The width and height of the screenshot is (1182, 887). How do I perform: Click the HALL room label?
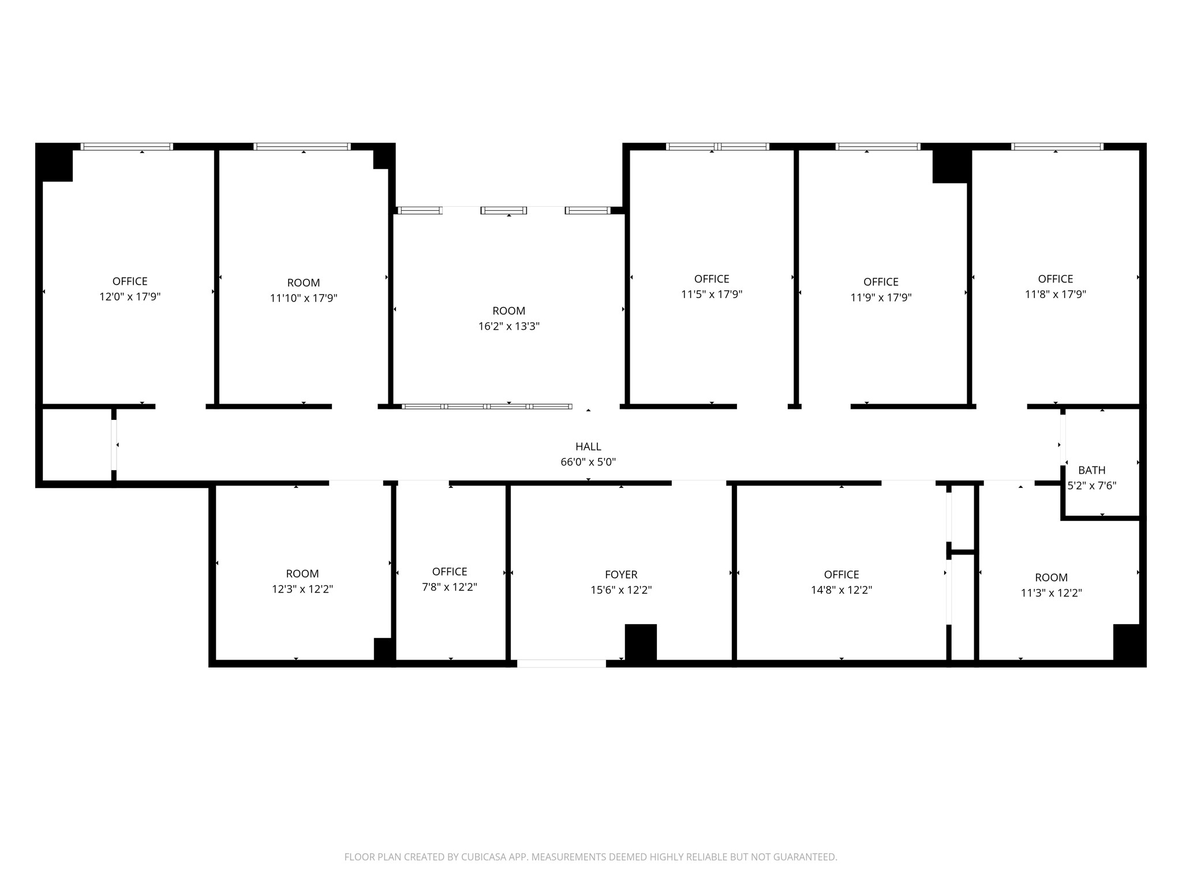click(588, 446)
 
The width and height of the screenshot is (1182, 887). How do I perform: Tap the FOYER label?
click(621, 575)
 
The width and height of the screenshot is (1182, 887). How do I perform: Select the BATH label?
click(1091, 470)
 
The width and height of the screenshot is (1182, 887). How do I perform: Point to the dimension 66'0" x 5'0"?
click(588, 462)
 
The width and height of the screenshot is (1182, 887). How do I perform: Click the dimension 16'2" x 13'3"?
click(509, 326)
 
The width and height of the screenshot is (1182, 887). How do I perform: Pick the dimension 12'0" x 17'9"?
click(130, 297)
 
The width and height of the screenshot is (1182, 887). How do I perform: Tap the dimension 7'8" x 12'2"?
click(450, 587)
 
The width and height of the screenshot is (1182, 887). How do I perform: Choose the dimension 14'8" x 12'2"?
click(841, 590)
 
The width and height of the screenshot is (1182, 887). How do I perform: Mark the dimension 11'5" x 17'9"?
click(712, 295)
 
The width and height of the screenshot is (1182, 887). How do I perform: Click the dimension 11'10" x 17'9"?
click(304, 299)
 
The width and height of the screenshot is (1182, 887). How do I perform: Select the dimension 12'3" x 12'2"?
click(302, 590)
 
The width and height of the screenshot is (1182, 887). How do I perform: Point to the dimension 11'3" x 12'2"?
click(1051, 593)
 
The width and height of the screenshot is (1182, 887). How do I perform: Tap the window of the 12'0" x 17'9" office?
click(126, 147)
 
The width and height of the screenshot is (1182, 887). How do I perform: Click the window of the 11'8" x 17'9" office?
click(1057, 147)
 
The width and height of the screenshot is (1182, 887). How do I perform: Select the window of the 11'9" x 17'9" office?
click(878, 147)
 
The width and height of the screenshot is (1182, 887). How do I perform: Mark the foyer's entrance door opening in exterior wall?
click(562, 664)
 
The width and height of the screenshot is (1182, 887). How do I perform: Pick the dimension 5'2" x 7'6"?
click(1091, 486)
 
